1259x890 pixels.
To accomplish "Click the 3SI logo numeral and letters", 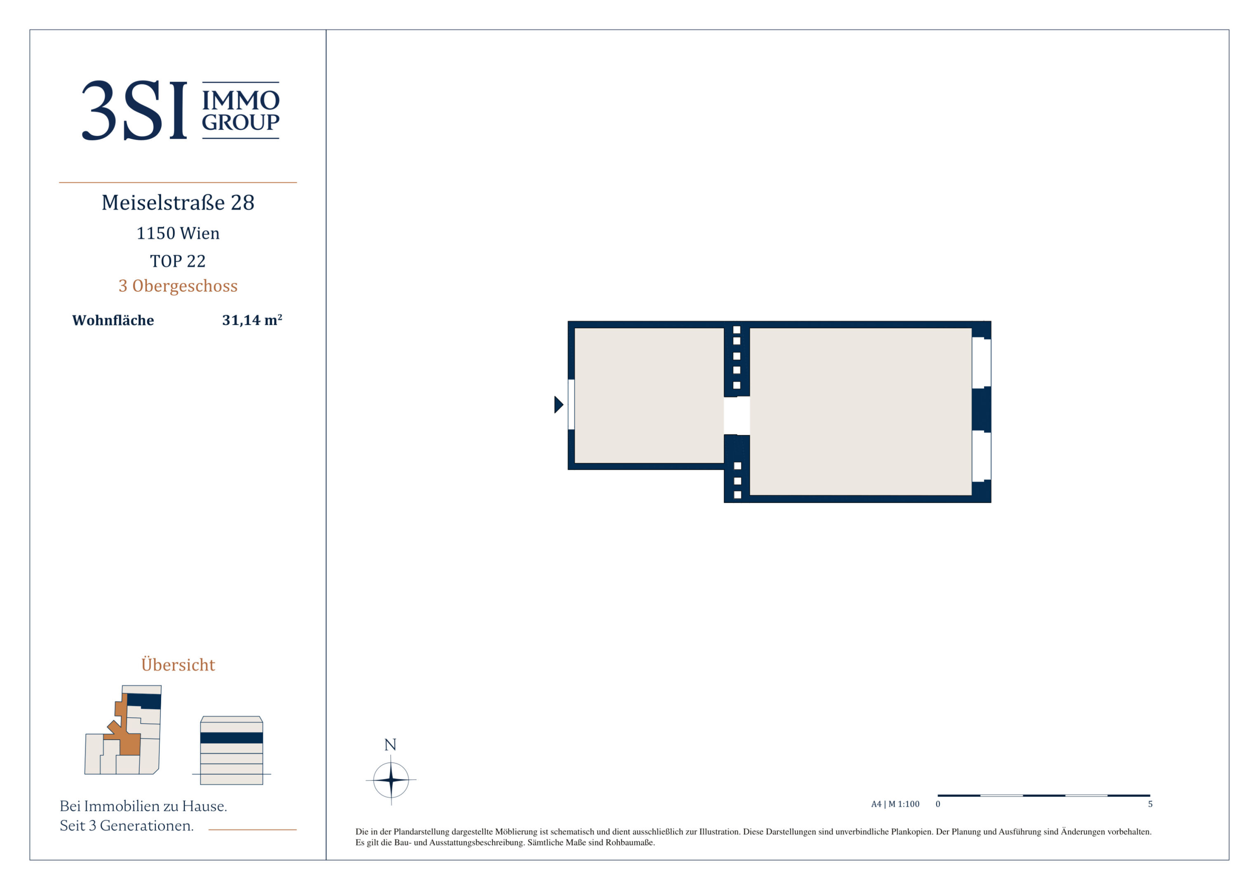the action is point(134,110).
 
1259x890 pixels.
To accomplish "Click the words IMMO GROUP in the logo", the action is point(241,111).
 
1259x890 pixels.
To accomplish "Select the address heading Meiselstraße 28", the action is point(178,202).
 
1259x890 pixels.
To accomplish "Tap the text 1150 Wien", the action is point(178,233).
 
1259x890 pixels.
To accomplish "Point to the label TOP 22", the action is point(178,261).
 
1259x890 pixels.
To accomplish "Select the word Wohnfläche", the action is point(113,320).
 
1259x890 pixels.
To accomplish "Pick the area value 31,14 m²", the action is point(252,320).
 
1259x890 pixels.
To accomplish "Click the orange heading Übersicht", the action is point(178,665).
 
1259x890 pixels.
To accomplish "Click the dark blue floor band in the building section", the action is point(232,738).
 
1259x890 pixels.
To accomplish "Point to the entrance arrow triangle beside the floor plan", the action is point(559,405).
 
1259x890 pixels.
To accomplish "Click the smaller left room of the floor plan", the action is point(649,396).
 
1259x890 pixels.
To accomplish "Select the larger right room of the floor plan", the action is point(860,411).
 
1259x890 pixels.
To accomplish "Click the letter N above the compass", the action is point(390,745).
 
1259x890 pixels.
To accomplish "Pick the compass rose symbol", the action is point(391,779).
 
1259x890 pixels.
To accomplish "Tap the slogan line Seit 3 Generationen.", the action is point(127,825).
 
